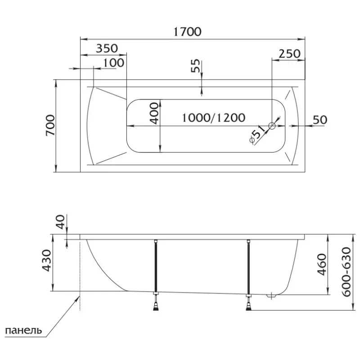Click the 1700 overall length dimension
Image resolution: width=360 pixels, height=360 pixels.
187,31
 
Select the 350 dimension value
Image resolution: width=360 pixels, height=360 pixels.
107,48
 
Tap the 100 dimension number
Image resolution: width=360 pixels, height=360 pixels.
114,63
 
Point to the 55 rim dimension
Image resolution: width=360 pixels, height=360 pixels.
195,66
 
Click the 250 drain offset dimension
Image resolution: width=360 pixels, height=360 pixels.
289,54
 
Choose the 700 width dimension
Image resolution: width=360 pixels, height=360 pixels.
50,126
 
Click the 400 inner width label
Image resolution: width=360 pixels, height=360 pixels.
154,113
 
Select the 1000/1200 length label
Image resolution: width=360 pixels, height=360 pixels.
213,118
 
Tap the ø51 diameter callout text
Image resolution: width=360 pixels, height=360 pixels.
257,137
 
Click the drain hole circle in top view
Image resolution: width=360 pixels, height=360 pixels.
272,126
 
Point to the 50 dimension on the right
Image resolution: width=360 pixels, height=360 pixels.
320,120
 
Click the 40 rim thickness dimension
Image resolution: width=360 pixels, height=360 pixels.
60,221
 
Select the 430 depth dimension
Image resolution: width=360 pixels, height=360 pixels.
47,261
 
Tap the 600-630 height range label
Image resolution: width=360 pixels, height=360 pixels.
346,272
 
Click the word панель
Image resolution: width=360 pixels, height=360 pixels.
23,331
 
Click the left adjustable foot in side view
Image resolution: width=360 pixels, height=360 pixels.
156,301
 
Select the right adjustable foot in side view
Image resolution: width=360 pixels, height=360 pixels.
249,302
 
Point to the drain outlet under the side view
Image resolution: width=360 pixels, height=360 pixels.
271,296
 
